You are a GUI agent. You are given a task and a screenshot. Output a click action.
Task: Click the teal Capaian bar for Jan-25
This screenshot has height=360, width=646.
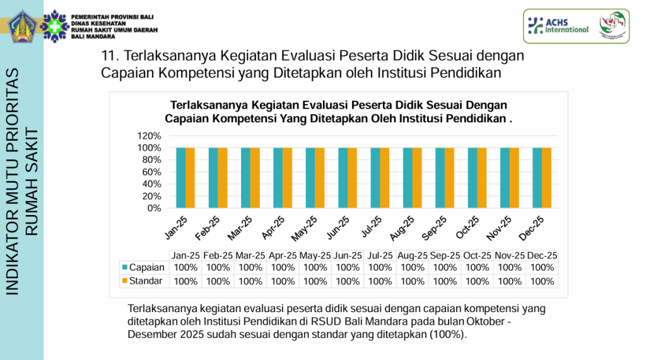pos(180,178)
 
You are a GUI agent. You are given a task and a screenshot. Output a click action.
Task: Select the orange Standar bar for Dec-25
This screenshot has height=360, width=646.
pos(547,178)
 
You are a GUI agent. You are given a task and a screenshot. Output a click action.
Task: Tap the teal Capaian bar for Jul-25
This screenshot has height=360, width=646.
pos(375,178)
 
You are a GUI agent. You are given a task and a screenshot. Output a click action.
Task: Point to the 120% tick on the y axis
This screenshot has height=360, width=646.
pos(150,136)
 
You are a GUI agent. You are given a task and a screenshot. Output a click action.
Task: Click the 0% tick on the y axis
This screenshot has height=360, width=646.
pos(154,208)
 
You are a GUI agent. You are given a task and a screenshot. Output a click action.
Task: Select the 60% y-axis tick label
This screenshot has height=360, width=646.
pos(151,172)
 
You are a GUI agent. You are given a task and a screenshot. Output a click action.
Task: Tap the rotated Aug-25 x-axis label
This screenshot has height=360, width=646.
pos(402,228)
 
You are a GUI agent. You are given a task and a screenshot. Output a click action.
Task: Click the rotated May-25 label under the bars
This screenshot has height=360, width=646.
pos(304,228)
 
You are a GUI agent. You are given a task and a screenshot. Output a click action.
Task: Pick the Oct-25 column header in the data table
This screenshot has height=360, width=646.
pos(477,256)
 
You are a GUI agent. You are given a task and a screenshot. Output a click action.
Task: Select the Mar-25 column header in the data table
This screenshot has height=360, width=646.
pos(250,256)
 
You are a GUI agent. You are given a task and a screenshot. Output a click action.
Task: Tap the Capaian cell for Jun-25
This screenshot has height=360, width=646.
pos(348,267)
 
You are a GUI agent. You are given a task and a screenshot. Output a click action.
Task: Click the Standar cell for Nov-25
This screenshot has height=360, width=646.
pos(510,281)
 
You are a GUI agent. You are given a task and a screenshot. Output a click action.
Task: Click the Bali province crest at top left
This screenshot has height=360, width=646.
pos(22,25)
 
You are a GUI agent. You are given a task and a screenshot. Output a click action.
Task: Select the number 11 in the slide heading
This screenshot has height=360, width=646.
pos(107,56)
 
